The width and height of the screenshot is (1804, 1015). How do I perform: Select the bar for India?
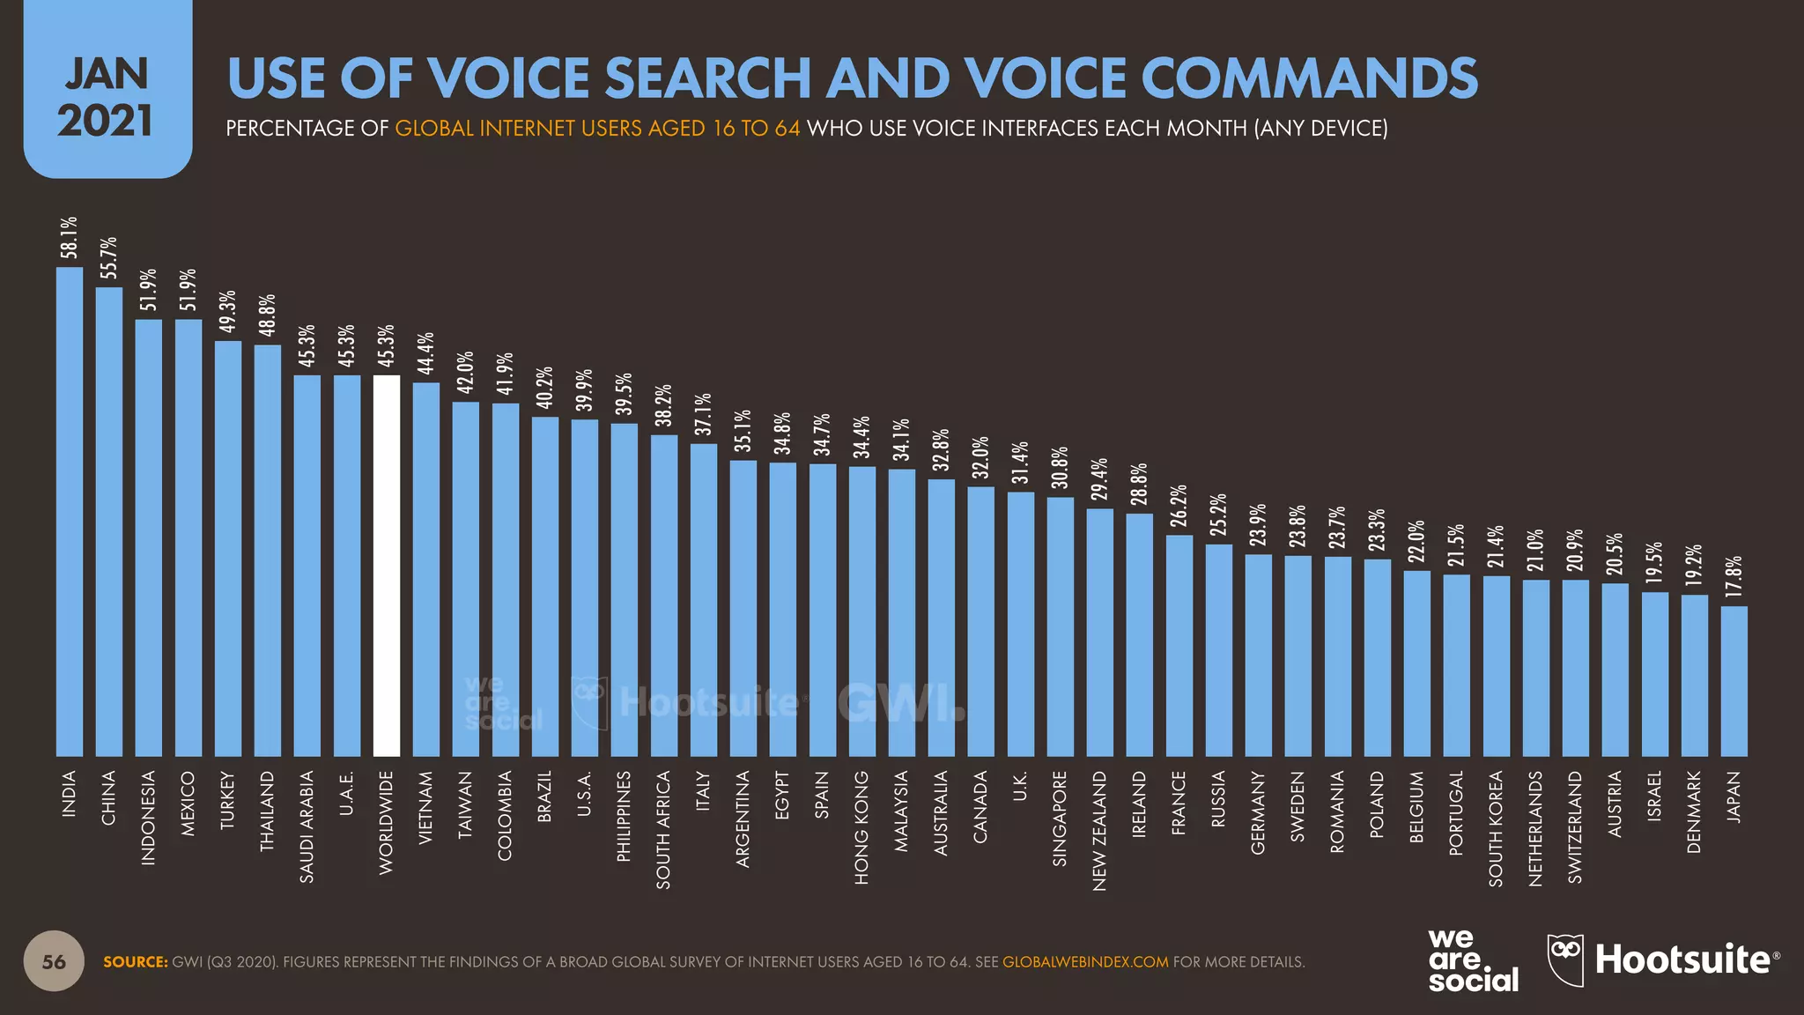[70, 511]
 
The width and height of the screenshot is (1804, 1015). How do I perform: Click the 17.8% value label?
[1734, 577]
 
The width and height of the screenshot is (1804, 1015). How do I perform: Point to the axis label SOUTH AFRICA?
[663, 829]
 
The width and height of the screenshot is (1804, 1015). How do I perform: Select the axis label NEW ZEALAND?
[1099, 831]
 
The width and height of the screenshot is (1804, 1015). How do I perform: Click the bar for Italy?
[703, 599]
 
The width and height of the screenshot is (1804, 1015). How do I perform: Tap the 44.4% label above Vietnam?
[425, 353]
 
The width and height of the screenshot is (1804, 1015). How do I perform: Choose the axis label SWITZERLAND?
[1575, 826]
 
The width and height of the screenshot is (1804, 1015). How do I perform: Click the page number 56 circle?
[54, 961]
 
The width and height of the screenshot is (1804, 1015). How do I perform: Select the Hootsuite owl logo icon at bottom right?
[1565, 959]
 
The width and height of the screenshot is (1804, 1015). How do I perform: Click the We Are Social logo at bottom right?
[1472, 961]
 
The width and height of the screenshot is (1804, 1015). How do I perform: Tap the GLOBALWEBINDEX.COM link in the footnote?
[1085, 962]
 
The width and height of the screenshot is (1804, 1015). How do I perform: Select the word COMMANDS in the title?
[1310, 78]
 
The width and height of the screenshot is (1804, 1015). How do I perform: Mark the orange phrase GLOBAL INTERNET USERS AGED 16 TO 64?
[597, 129]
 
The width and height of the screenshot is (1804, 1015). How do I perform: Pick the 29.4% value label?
[1099, 479]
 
